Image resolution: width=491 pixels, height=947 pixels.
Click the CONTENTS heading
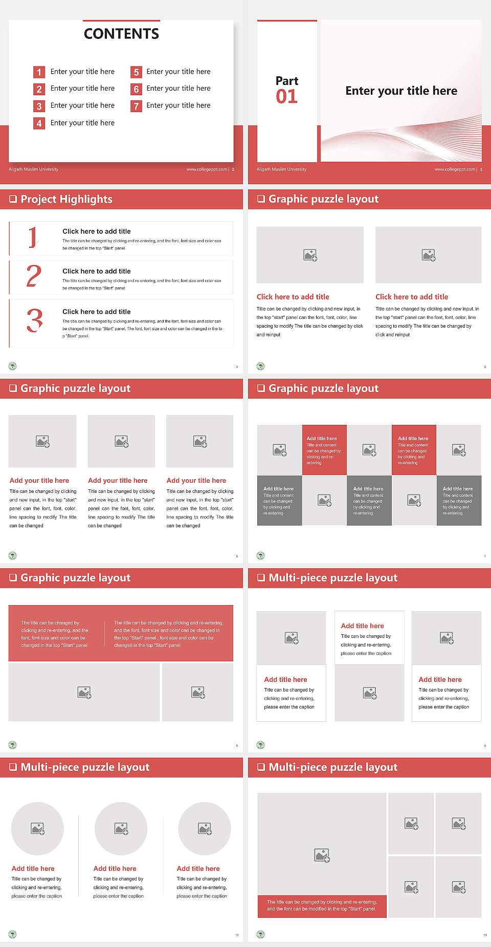pyautogui.click(x=121, y=34)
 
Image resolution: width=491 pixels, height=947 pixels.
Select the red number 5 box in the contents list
pyautogui.click(x=136, y=72)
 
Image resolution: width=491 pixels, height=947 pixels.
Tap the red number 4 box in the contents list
pyautogui.click(x=39, y=123)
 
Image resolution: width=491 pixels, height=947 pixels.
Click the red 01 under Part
pyautogui.click(x=286, y=96)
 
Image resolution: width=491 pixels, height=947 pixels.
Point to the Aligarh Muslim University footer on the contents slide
pyautogui.click(x=34, y=169)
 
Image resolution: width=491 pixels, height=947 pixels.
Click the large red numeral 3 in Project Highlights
pyautogui.click(x=35, y=321)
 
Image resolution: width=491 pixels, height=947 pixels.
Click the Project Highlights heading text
pyautogui.click(x=66, y=199)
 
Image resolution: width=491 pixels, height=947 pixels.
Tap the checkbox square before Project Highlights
pyautogui.click(x=13, y=199)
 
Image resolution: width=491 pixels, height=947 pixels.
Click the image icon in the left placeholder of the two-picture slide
pyautogui.click(x=310, y=255)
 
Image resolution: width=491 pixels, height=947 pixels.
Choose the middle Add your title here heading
pyautogui.click(x=118, y=481)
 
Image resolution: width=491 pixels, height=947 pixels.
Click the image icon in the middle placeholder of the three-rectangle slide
pyautogui.click(x=121, y=441)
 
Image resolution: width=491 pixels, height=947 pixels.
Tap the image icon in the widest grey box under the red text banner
pyautogui.click(x=84, y=693)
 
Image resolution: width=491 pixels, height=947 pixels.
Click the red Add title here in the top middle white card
pyautogui.click(x=362, y=626)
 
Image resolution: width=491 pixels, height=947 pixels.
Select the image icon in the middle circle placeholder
pyautogui.click(x=121, y=828)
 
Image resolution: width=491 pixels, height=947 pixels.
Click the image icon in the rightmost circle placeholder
pyautogui.click(x=205, y=828)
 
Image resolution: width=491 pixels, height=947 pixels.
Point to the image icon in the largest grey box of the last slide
pyautogui.click(x=322, y=855)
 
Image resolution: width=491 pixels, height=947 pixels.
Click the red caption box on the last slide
pyautogui.click(x=322, y=906)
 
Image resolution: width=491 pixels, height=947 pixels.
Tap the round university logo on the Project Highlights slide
pyautogui.click(x=13, y=366)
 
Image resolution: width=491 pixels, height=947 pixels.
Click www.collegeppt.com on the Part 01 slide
pyautogui.click(x=455, y=169)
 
